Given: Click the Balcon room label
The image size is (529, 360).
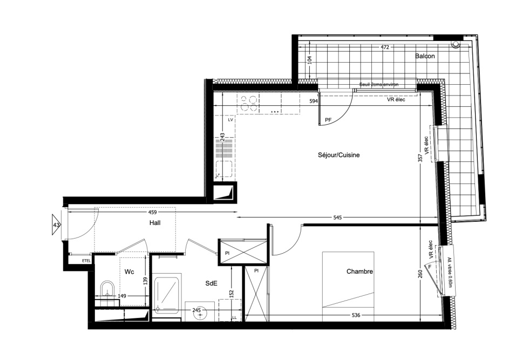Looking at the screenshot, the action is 425,56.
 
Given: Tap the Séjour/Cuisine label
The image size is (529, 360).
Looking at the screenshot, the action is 339,155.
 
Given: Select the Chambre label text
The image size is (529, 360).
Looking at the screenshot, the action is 360,271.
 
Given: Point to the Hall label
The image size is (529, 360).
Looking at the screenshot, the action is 155,223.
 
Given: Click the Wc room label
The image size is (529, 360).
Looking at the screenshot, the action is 129,271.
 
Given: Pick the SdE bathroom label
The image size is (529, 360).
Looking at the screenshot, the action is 211,283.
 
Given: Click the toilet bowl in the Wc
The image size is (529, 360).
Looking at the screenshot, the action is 107,289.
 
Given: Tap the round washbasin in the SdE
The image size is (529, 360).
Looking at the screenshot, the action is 200,315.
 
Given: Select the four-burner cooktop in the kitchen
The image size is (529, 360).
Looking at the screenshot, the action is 248,103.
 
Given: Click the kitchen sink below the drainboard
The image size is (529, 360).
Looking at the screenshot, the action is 223,169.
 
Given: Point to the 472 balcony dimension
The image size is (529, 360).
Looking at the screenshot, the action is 385,47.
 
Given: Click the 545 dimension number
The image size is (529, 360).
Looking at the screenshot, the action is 337,218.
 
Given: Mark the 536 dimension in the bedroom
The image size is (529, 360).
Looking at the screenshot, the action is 356,315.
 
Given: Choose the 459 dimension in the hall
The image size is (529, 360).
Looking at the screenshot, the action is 152,212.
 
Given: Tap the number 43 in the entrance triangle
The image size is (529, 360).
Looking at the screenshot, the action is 56,225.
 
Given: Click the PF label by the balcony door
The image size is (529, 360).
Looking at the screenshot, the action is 328,120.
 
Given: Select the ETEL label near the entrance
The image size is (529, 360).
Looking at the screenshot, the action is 86,261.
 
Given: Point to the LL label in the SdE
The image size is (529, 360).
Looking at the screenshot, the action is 234,318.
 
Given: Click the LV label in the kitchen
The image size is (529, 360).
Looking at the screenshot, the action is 231,120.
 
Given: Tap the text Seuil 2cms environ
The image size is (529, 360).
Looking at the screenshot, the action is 379,84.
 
